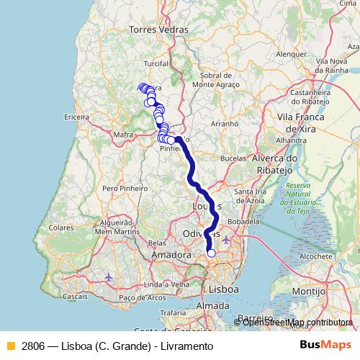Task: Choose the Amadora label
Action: pyautogui.click(x=172, y=255)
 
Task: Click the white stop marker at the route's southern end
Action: pyautogui.click(x=211, y=253)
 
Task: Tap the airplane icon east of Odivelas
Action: pyautogui.click(x=227, y=240)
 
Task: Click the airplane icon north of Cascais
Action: pyautogui.click(x=109, y=276)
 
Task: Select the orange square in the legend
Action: pyautogui.click(x=10, y=346)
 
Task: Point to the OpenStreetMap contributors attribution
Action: pyautogui.click(x=297, y=322)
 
